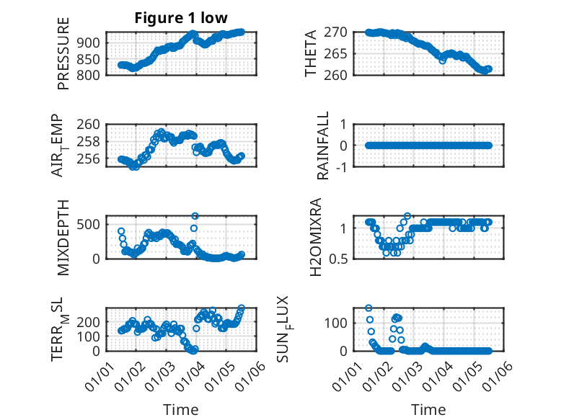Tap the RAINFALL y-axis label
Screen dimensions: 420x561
324,146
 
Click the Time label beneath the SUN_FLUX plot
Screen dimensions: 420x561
428,410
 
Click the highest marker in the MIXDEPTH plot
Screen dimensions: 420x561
195,215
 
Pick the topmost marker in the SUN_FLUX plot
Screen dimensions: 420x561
368,308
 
